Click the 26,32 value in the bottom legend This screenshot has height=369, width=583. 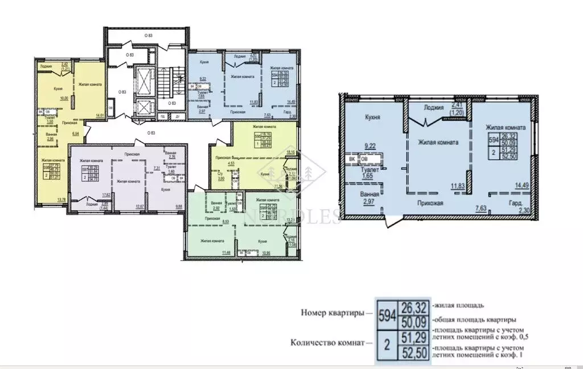pyautogui.click(x=413, y=308)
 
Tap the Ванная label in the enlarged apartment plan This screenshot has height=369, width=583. pyautogui.click(x=370, y=193)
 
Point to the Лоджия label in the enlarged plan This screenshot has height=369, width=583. pyautogui.click(x=434, y=107)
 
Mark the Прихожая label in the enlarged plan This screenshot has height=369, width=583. pyautogui.click(x=430, y=202)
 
